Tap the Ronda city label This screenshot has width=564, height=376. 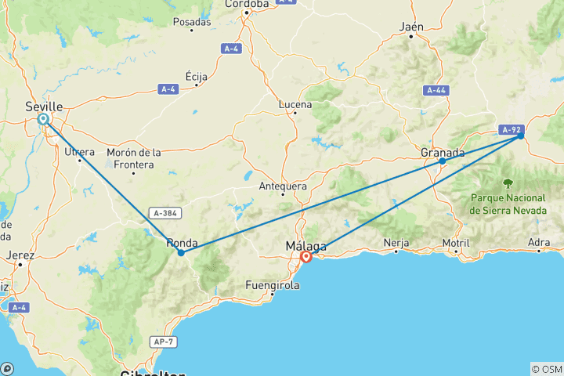pos(182,243)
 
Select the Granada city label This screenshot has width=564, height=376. pos(443,152)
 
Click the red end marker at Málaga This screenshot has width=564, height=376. pos(306,256)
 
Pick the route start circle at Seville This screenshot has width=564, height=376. pos(43,119)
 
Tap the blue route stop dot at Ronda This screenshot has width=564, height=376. pos(181,252)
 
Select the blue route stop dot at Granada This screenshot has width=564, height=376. pos(442,161)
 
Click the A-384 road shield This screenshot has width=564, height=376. pos(165,213)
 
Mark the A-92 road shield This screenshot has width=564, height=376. pos(511,130)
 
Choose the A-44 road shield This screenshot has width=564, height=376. pos(436,91)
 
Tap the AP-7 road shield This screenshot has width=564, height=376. pos(162,342)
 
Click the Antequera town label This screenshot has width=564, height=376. pos(283,186)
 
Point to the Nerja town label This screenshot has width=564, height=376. pos(396,243)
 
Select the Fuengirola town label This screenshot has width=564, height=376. pos(273,285)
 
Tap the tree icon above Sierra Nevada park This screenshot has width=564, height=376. pos(508,183)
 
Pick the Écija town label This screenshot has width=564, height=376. pos(197,76)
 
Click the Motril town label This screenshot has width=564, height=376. pos(455,243)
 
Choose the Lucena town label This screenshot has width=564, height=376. pos(295,105)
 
